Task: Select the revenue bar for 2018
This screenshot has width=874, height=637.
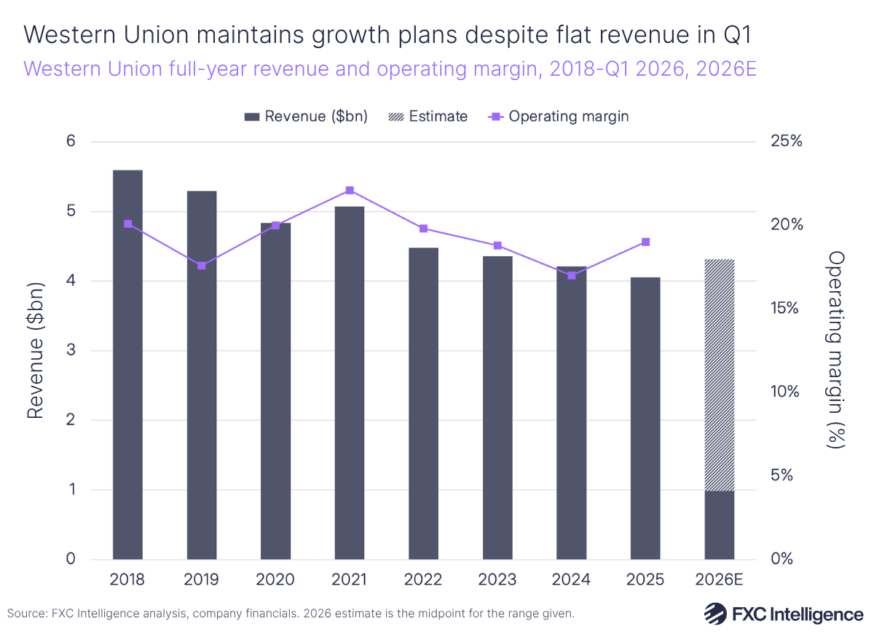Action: pyautogui.click(x=127, y=364)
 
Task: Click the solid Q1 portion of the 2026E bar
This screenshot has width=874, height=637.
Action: pyautogui.click(x=719, y=525)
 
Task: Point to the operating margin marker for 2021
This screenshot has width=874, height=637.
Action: pyautogui.click(x=350, y=191)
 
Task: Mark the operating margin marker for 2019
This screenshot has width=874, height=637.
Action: pyautogui.click(x=202, y=266)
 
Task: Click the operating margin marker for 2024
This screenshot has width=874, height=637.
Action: pyautogui.click(x=571, y=275)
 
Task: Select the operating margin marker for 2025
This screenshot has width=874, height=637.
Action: pyautogui.click(x=645, y=242)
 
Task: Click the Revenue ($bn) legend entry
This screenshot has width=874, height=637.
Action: pyautogui.click(x=306, y=116)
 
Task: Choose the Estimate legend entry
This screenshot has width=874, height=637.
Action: pyautogui.click(x=429, y=116)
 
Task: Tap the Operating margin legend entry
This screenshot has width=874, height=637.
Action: pyautogui.click(x=557, y=116)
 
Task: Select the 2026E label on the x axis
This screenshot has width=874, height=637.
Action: pyautogui.click(x=719, y=580)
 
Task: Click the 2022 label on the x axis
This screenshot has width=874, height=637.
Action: pyautogui.click(x=423, y=580)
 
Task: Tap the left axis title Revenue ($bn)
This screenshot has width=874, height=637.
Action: pyautogui.click(x=34, y=350)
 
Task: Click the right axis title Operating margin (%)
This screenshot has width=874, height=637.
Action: pyautogui.click(x=836, y=350)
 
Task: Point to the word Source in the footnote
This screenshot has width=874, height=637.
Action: pyautogui.click(x=24, y=614)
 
